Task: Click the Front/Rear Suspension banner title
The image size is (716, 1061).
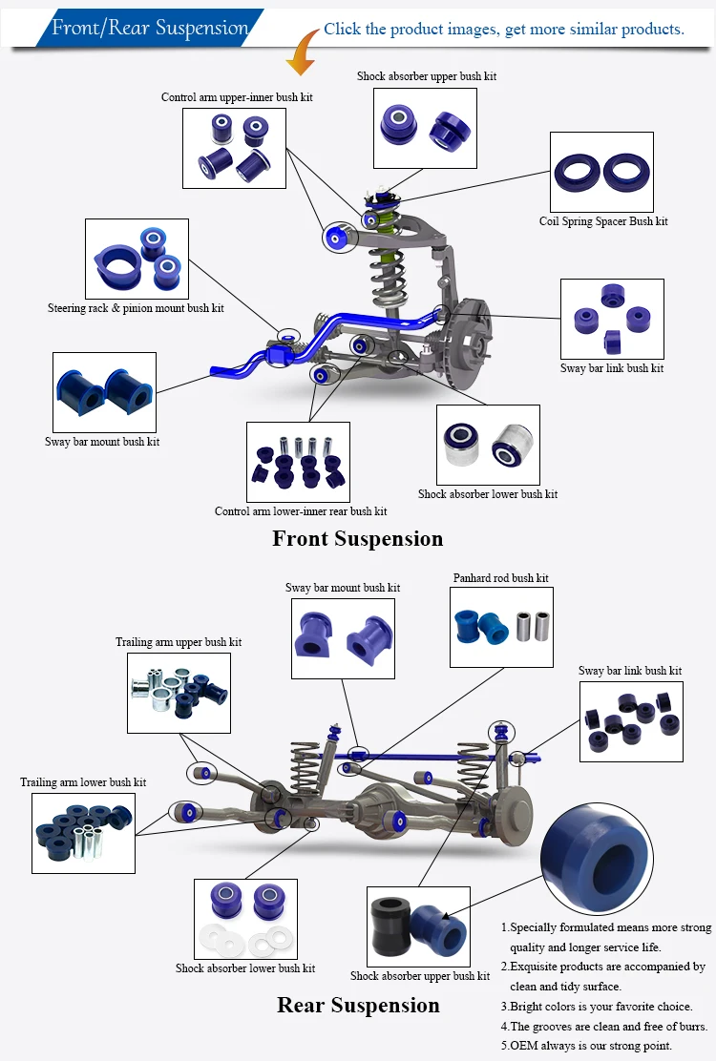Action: [149, 28]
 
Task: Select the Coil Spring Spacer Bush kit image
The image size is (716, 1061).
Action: [601, 172]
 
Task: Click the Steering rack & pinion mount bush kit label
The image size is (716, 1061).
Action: [136, 308]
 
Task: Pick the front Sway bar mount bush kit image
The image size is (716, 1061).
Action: [104, 391]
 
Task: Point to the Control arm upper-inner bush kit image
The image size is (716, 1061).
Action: [235, 147]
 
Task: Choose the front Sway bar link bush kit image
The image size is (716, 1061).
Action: [611, 319]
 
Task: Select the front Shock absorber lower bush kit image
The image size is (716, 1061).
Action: [487, 445]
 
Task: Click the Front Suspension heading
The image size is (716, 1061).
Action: [358, 538]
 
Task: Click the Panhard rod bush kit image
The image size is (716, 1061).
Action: [501, 626]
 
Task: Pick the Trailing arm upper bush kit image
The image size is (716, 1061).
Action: [179, 691]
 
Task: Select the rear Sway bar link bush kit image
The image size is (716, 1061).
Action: [631, 720]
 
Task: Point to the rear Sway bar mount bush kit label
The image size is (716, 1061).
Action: [343, 588]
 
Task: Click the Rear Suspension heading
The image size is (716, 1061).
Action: [358, 1005]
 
